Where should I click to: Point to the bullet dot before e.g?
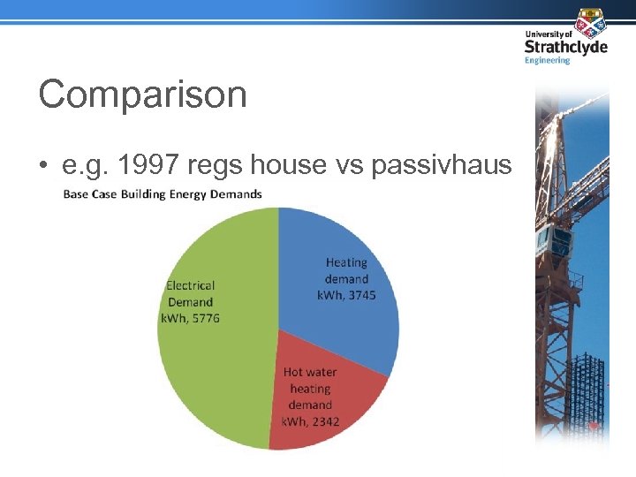(x=43, y=164)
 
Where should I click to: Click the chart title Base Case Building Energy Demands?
(x=163, y=194)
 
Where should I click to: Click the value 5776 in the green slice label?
(x=204, y=318)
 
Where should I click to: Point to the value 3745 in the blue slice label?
(x=360, y=294)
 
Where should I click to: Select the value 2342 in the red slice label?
(x=323, y=421)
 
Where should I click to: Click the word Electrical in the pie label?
(x=190, y=285)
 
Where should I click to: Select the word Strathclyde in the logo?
(x=565, y=47)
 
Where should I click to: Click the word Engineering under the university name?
(x=548, y=61)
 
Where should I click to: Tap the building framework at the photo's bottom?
(x=587, y=397)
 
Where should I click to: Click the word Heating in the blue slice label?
(x=346, y=262)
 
